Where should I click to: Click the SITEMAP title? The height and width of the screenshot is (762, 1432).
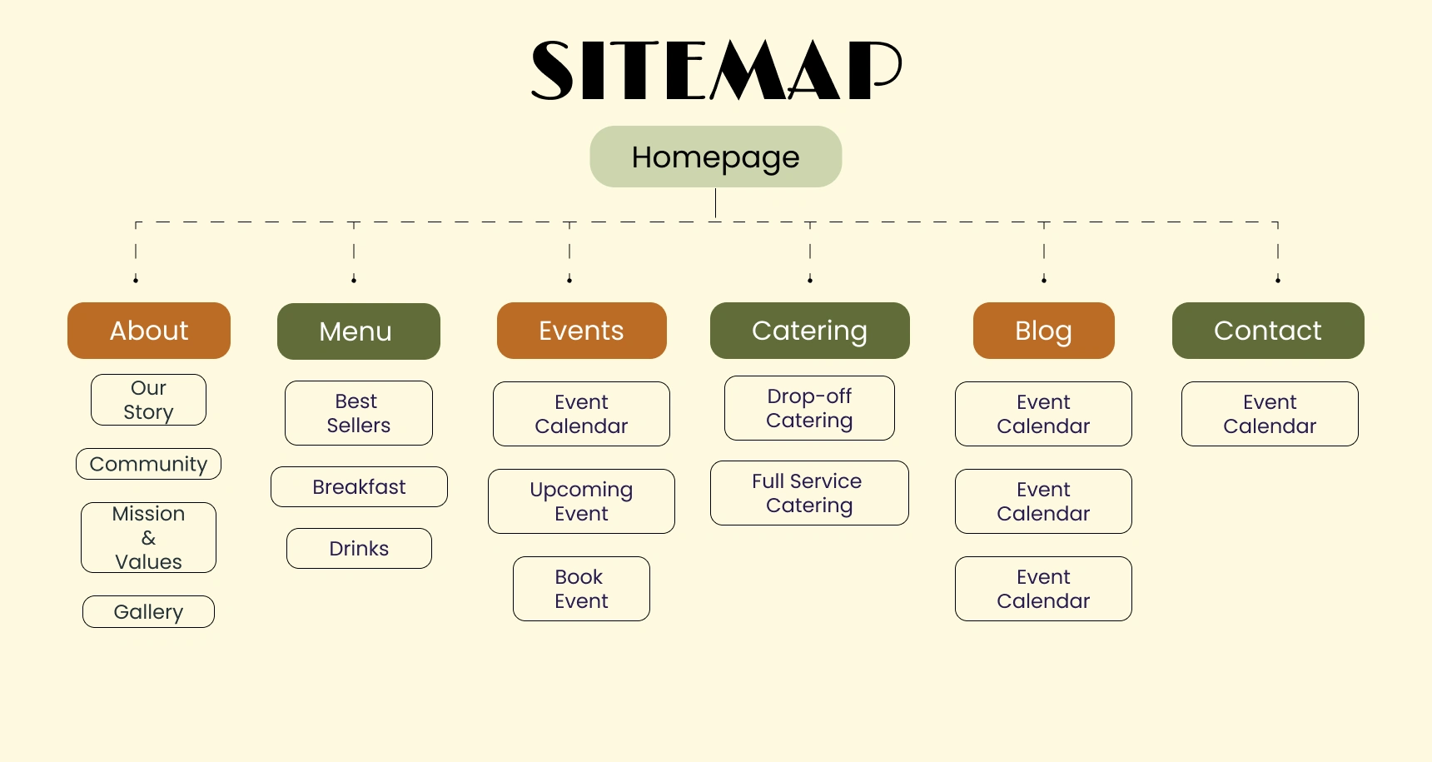(716, 71)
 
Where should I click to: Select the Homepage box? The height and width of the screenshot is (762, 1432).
(716, 157)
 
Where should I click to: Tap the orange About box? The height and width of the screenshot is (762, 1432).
(149, 331)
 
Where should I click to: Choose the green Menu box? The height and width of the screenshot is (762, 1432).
(358, 331)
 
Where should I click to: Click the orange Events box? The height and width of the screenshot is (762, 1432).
(581, 331)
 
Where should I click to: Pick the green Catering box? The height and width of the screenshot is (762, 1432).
(809, 331)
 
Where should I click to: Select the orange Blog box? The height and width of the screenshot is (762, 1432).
(1043, 331)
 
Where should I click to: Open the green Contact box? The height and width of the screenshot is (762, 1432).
(1268, 331)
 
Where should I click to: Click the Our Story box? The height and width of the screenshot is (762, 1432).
(148, 400)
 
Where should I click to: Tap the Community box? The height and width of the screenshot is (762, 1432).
(148, 464)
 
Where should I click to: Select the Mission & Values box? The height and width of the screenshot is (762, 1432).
(148, 537)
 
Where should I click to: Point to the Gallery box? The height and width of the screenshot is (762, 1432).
(148, 611)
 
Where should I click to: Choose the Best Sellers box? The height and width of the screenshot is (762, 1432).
(358, 413)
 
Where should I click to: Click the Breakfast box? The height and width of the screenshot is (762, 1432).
(359, 486)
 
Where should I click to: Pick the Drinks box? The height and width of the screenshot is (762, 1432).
(359, 548)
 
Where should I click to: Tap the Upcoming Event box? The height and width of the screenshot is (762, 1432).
(581, 501)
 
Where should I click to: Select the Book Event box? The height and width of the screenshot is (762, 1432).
(581, 589)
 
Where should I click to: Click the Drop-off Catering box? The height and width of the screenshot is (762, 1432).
(809, 408)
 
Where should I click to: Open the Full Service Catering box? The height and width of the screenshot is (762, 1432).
(809, 493)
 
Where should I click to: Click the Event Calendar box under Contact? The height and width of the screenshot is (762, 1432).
(1270, 414)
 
